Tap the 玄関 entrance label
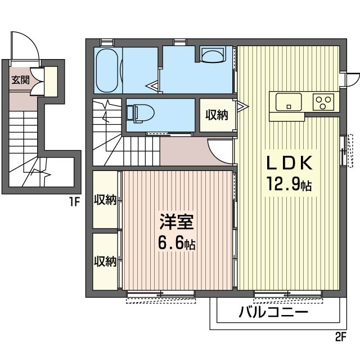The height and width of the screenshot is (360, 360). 21,79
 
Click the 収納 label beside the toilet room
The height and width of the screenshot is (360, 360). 216,115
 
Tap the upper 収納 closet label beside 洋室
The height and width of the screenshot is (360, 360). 105,200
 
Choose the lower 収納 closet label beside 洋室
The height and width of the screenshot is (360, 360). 105,261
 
